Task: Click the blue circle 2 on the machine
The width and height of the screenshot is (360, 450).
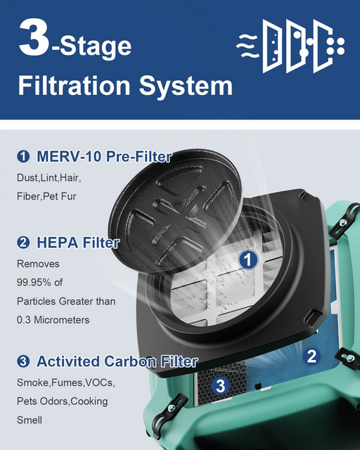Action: point(313,356)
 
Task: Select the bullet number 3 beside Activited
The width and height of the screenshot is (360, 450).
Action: point(24,362)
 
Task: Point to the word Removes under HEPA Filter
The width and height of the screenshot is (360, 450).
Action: point(38,264)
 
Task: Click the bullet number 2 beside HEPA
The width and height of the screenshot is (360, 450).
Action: point(24,243)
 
